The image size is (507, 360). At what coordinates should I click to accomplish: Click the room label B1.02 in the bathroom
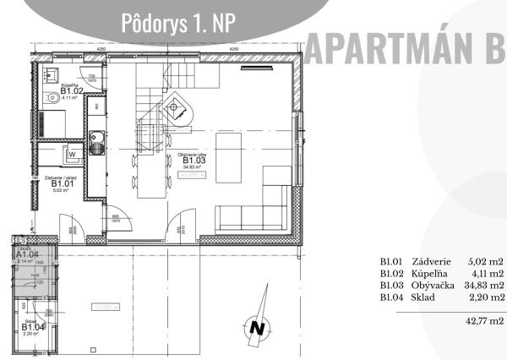click(58, 90)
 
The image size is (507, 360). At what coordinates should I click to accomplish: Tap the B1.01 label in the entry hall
click(60, 183)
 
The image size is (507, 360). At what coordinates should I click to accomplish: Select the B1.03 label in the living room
click(193, 161)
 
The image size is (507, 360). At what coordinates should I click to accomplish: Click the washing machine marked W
click(74, 154)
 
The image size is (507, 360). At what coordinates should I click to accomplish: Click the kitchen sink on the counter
click(97, 139)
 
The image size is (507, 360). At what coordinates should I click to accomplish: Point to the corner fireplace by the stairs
click(177, 108)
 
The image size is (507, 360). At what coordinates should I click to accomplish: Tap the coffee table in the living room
click(230, 144)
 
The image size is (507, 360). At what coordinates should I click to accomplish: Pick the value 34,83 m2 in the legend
click(484, 286)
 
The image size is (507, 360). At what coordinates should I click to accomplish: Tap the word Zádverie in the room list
click(433, 262)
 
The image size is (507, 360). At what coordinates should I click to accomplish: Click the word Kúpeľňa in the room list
click(432, 274)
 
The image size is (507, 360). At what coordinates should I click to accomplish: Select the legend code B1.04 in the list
click(391, 297)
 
